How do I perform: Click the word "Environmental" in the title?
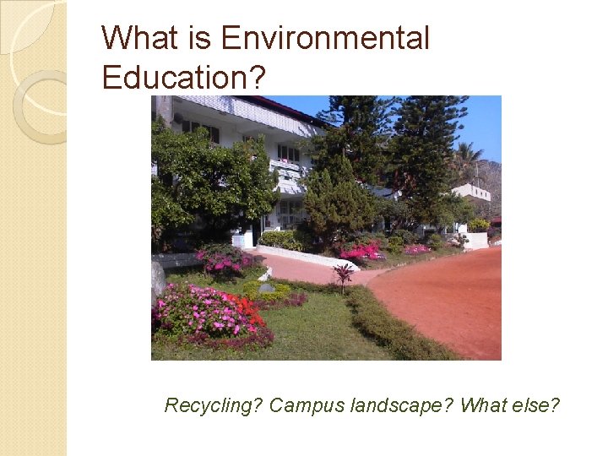325,38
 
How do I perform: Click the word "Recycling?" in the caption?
214,405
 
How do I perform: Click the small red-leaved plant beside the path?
343,274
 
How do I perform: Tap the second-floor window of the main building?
288,152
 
